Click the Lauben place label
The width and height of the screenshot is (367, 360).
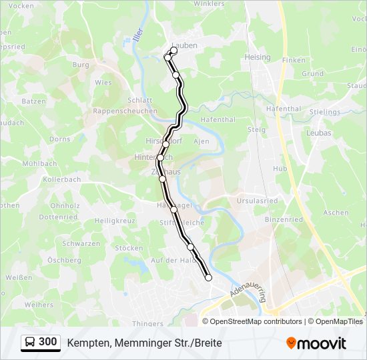pyautogui.click(x=184, y=45)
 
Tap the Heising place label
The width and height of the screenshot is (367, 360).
pyautogui.click(x=258, y=57)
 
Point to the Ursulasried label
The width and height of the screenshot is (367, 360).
pyautogui.click(x=256, y=200)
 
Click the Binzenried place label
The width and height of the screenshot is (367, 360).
pyautogui.click(x=283, y=219)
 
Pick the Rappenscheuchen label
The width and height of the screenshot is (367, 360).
pyautogui.click(x=125, y=111)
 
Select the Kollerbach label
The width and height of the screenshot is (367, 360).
pyautogui.click(x=61, y=180)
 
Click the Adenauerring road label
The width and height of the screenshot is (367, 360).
pyautogui.click(x=246, y=291)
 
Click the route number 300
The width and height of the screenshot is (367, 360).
pyautogui.click(x=47, y=342)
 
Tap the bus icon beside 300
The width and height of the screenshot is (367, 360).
pyautogui.click(x=31, y=342)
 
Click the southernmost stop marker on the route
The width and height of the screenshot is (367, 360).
pyautogui.click(x=208, y=278)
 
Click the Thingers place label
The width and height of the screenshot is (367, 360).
pyautogui.click(x=147, y=324)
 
